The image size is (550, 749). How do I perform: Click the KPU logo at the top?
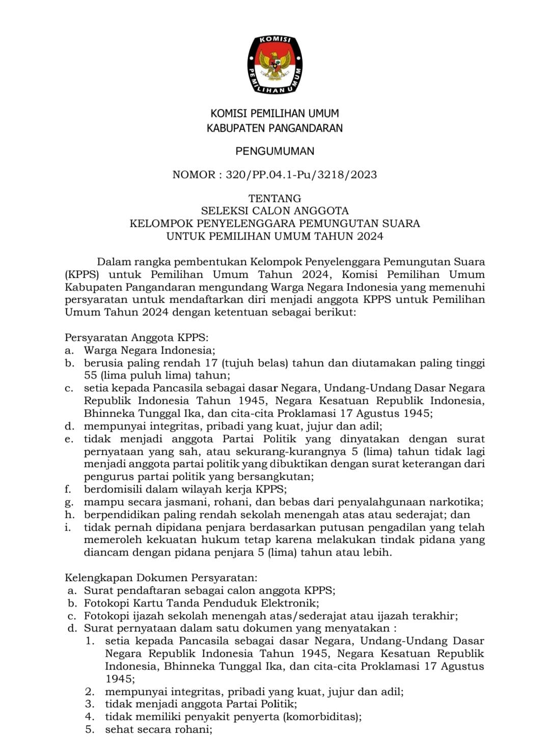(x=274, y=65)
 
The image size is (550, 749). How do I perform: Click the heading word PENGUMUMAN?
(x=274, y=151)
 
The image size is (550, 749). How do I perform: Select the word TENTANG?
(x=274, y=198)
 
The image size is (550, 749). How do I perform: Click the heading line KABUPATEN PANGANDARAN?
(x=274, y=128)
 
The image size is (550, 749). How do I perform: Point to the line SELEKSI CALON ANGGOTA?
(x=274, y=211)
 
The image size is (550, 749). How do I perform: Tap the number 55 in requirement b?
(x=91, y=376)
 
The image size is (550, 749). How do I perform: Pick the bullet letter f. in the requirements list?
(x=68, y=489)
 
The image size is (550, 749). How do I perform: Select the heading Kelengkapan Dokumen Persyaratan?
(x=161, y=578)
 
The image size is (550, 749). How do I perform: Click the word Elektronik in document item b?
(x=289, y=603)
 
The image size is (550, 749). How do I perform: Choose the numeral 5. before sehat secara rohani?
(x=90, y=730)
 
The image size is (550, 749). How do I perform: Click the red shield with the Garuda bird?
(x=274, y=63)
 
